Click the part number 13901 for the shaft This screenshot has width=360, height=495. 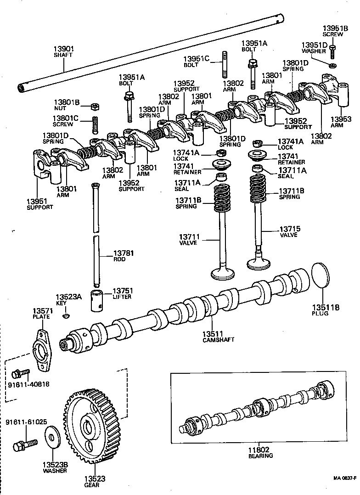[x=64, y=49]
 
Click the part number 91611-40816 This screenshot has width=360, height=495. [x=28, y=384]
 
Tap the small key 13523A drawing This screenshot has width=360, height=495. [x=66, y=315]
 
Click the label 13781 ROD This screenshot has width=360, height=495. [x=123, y=256]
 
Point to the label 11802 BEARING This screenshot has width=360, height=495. [x=261, y=452]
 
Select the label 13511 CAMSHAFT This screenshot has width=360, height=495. [x=219, y=336]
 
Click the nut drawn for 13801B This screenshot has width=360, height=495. [x=94, y=106]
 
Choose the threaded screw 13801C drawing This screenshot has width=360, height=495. [x=96, y=124]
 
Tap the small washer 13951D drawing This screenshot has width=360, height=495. [x=332, y=65]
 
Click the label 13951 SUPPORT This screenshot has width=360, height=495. [x=39, y=204]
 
